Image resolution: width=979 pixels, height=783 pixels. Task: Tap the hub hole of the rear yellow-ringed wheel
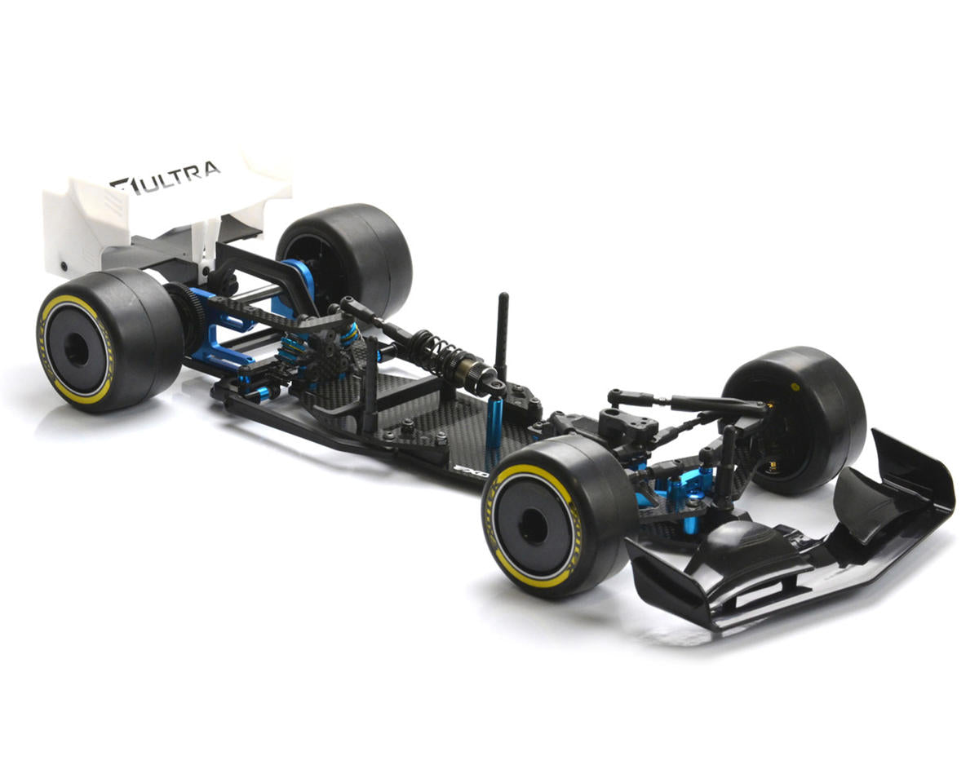point(76,349)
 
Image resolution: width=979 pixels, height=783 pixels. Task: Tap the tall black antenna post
point(502,334)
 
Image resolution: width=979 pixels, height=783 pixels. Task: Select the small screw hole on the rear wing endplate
point(64,266)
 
